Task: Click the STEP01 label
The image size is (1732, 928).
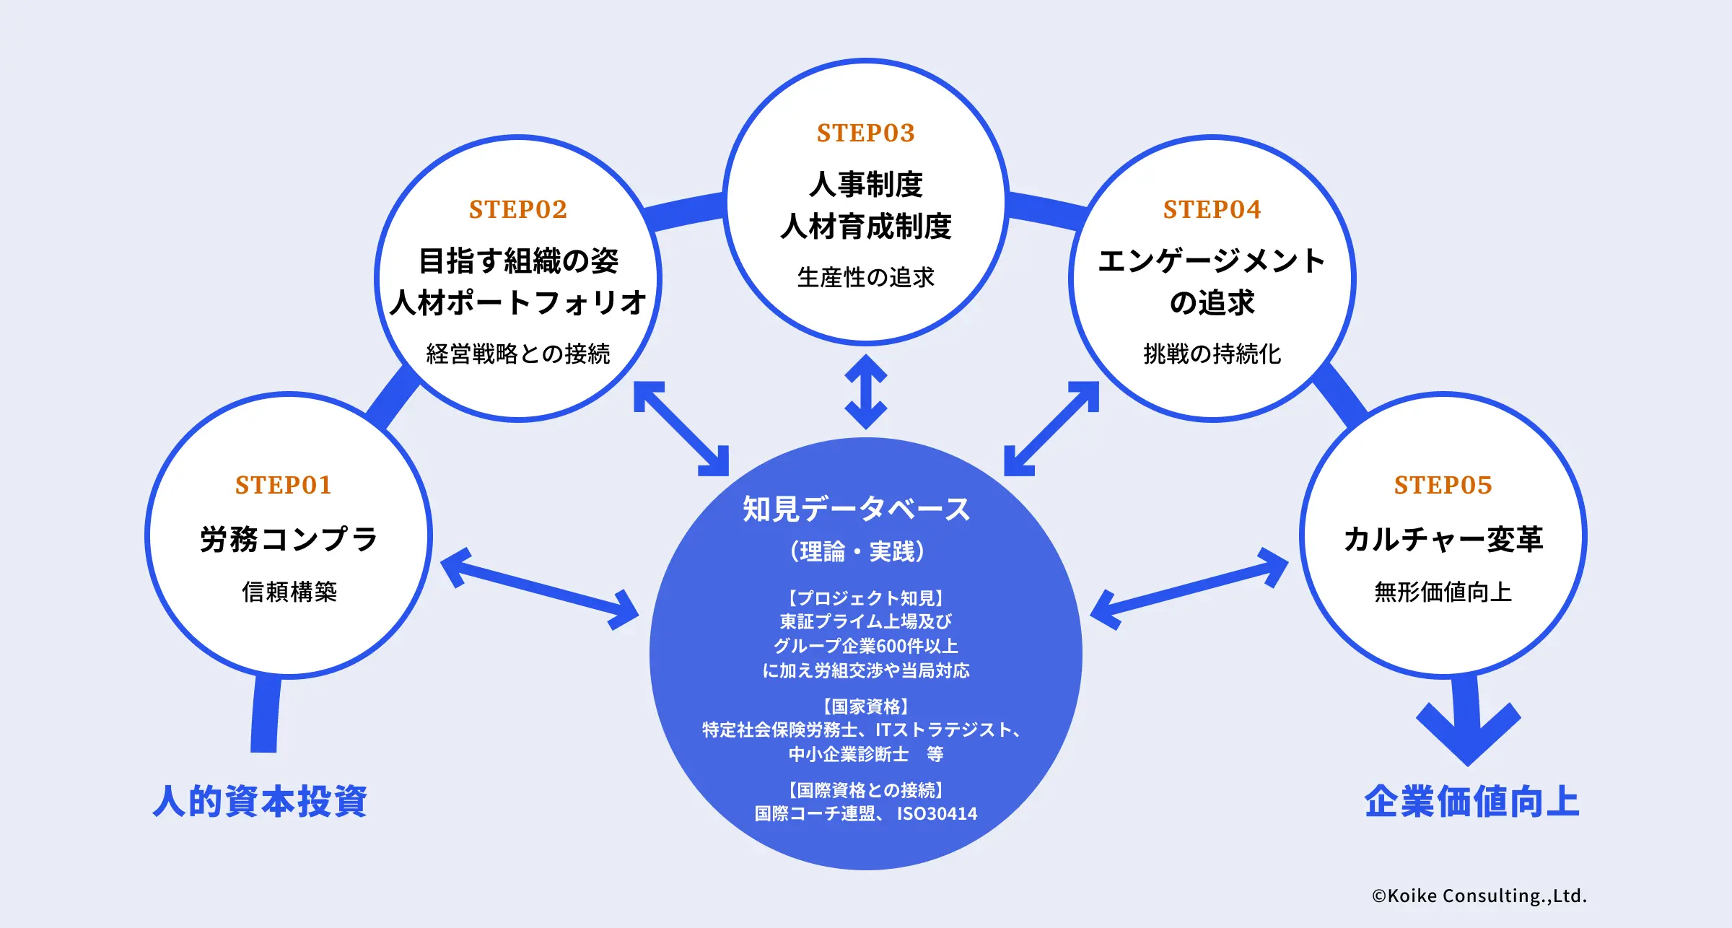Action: click(283, 485)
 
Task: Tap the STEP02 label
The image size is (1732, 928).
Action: click(518, 209)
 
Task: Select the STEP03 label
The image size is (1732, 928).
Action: click(865, 133)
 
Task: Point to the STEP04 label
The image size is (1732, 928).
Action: click(1212, 209)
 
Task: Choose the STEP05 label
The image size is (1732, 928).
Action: click(1443, 485)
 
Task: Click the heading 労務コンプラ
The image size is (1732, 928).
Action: click(289, 539)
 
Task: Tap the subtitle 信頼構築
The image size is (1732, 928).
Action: click(289, 592)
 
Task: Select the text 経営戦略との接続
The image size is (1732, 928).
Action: click(518, 354)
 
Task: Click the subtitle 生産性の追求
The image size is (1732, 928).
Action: click(865, 277)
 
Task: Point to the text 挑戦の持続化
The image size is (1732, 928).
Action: click(1212, 354)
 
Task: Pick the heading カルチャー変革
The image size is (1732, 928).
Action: click(1443, 539)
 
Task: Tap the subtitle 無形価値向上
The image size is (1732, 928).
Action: click(1443, 592)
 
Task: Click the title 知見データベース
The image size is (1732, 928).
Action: click(857, 509)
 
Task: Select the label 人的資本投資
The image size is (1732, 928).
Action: click(260, 801)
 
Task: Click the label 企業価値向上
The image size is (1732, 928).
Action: click(1471, 801)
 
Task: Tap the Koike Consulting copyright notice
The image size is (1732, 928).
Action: click(1479, 896)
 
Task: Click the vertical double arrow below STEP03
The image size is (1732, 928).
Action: click(865, 391)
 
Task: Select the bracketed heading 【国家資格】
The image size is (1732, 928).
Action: click(865, 706)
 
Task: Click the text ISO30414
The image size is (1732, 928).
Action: click(937, 814)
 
